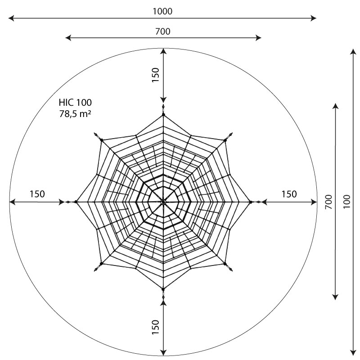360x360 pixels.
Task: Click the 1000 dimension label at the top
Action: pyautogui.click(x=162, y=11)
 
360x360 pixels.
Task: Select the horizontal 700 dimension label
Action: pyautogui.click(x=163, y=31)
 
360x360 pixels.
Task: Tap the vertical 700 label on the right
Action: pyautogui.click(x=329, y=202)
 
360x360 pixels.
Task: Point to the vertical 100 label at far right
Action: pyautogui.click(x=347, y=202)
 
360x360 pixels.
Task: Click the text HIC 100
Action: pyautogui.click(x=75, y=103)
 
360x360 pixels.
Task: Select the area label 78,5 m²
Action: pyautogui.click(x=75, y=114)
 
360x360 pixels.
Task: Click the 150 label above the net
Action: pyautogui.click(x=155, y=75)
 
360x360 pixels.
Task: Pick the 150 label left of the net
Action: pyautogui.click(x=37, y=194)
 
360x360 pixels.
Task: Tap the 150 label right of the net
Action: pyautogui.click(x=289, y=194)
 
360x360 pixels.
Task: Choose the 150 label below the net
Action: pyautogui.click(x=155, y=327)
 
